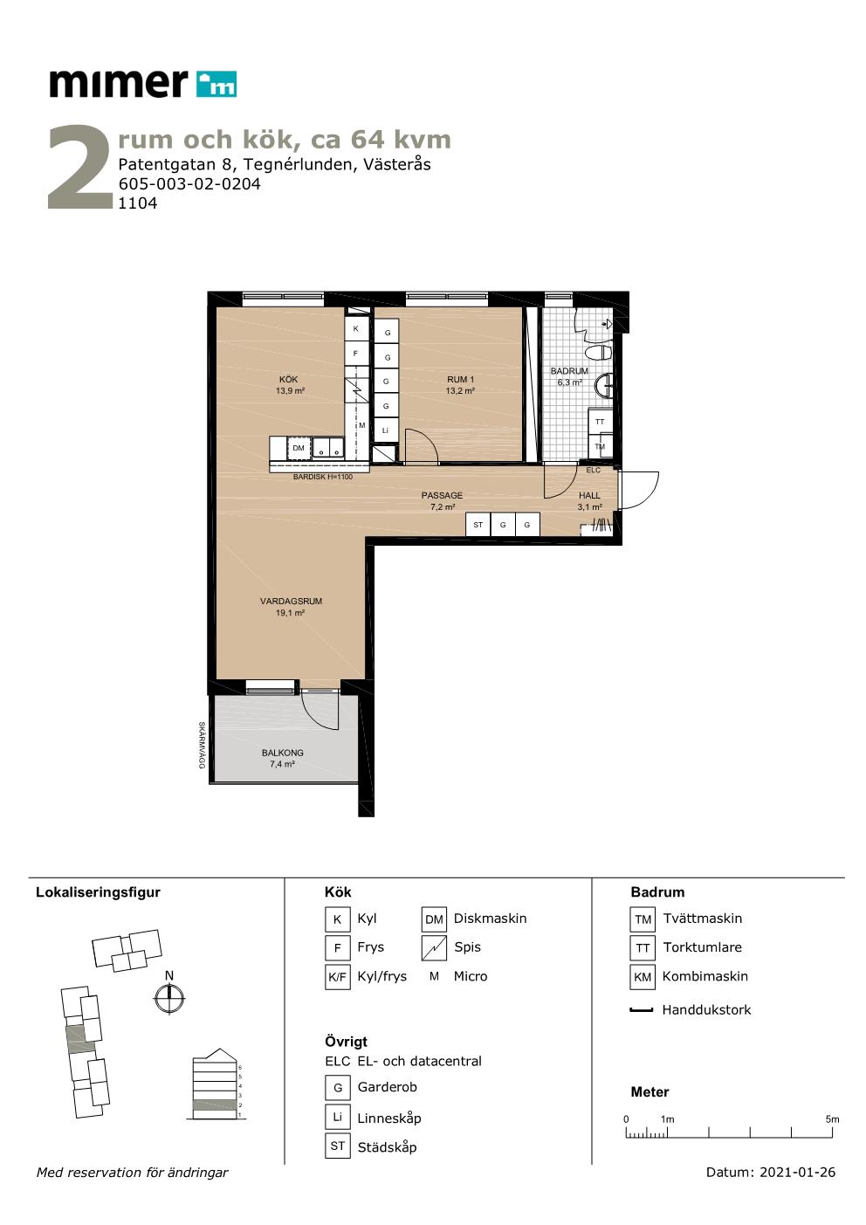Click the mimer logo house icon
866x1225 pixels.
pos(216,84)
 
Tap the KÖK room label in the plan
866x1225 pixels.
pos(289,379)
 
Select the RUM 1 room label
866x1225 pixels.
pos(460,379)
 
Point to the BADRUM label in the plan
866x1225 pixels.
pos(569,371)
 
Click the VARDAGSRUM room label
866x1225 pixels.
pos(291,601)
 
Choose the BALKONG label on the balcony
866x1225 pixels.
pos(282,753)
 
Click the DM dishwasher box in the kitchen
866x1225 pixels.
pos(299,448)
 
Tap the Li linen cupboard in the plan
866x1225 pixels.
pos(386,430)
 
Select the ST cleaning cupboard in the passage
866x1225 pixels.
pos(478,525)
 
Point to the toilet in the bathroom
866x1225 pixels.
pos(599,352)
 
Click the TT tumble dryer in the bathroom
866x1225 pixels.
pos(600,421)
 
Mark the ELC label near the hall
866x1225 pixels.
pos(593,470)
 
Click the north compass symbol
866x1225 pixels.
pos(169,999)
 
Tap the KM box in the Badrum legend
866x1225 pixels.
pos(643,976)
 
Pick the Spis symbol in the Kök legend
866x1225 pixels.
pos(434,947)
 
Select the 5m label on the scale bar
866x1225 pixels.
pos(832,1118)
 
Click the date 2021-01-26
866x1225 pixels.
pos(797,1172)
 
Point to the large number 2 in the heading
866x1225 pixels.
pos(79,168)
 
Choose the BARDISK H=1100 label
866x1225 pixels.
pos(322,477)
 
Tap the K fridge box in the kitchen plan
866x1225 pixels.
pos(356,328)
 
